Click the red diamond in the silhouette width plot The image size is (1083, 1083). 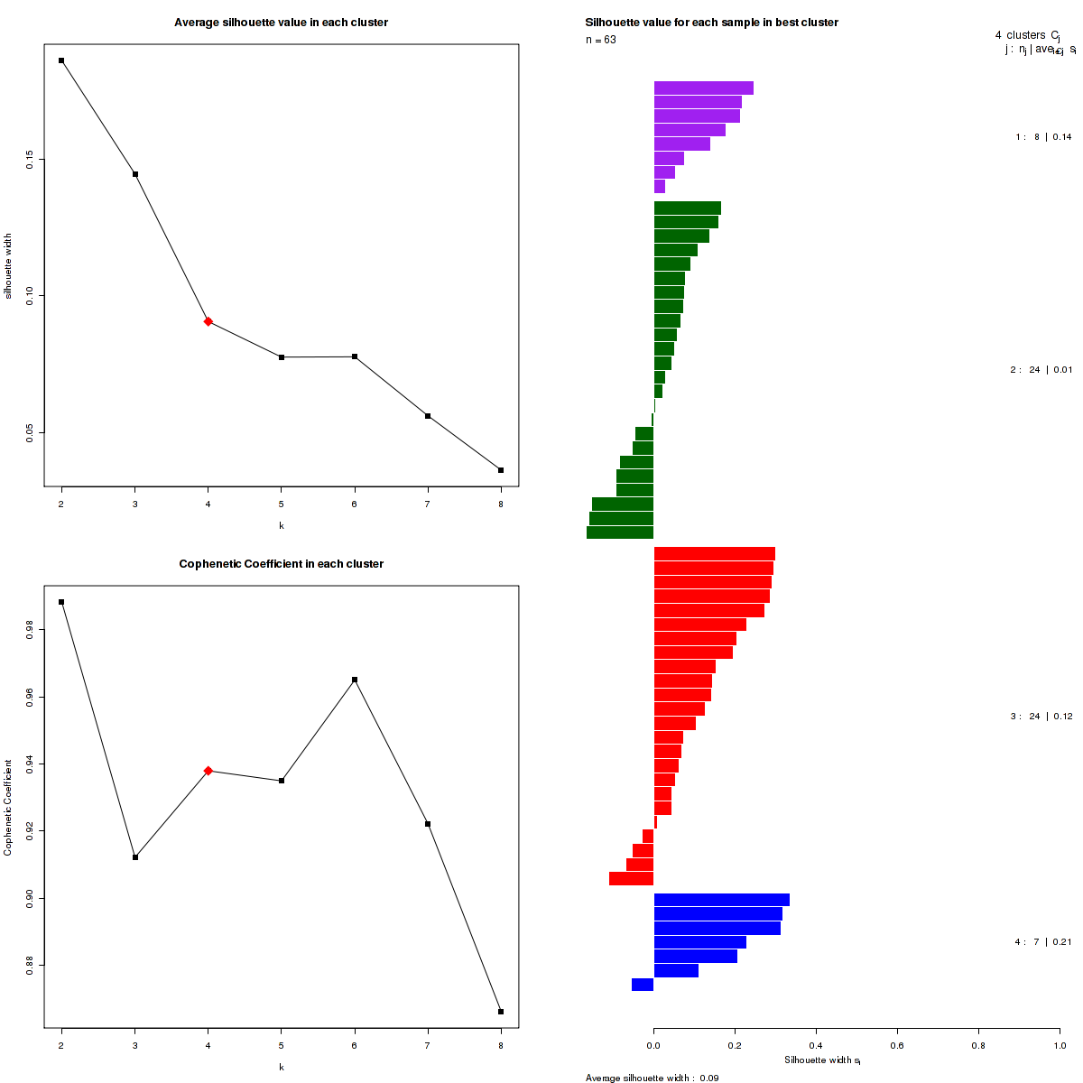click(208, 321)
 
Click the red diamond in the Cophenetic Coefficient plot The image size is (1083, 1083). click(208, 771)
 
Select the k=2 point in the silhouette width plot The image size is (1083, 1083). click(61, 60)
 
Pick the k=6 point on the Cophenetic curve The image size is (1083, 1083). click(355, 680)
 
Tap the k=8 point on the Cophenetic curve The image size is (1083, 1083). click(501, 1012)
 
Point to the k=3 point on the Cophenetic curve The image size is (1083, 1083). click(135, 857)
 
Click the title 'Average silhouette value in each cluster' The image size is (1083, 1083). click(282, 23)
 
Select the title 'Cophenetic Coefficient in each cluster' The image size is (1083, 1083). click(282, 564)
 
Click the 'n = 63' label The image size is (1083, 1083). click(601, 40)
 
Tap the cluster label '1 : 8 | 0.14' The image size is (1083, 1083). click(1043, 137)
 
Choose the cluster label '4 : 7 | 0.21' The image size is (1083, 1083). click(1043, 942)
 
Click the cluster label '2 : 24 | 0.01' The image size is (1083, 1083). click(1041, 370)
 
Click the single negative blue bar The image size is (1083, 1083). click(643, 985)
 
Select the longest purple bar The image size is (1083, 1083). click(703, 88)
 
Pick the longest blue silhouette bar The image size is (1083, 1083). click(721, 900)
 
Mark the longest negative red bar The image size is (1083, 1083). click(631, 878)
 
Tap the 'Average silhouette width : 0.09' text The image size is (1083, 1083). click(652, 1078)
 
